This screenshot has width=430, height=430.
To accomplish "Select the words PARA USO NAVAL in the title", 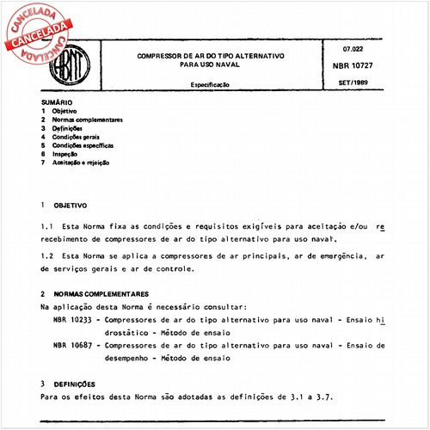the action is pos(212,62).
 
